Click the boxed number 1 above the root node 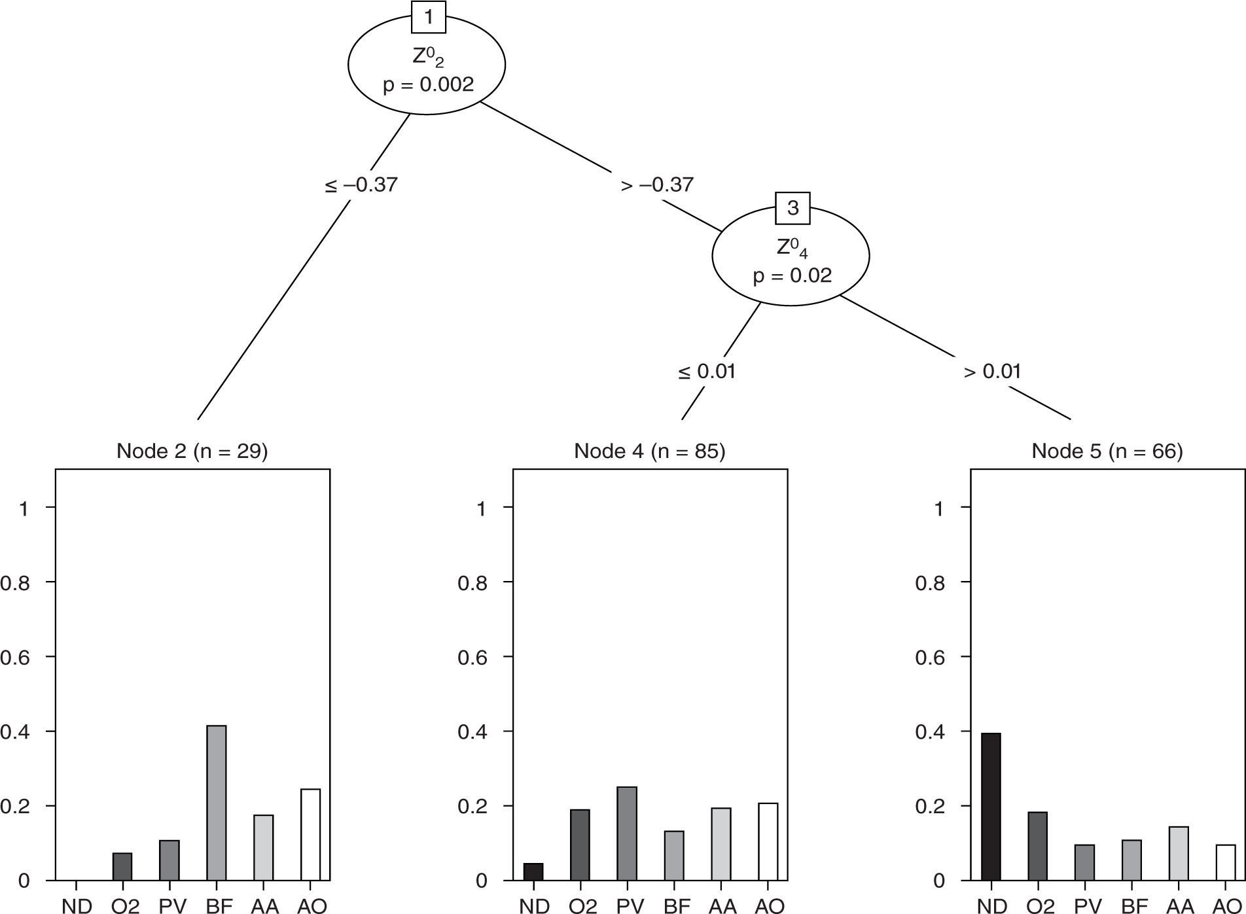pos(429,17)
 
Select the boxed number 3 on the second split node pos(792,208)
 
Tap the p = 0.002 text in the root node pos(428,85)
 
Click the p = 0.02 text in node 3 pos(792,275)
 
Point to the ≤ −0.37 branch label pos(361,185)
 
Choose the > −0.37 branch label pos(656,185)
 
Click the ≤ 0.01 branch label pos(707,372)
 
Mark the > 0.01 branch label pos(992,372)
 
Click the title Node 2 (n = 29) pos(192,451)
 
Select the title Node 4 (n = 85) pos(649,451)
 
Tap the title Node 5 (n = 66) pos(1107,451)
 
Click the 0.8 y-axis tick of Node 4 pos(472,582)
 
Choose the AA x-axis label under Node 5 pos(1180,905)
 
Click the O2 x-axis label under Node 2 pos(125,905)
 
